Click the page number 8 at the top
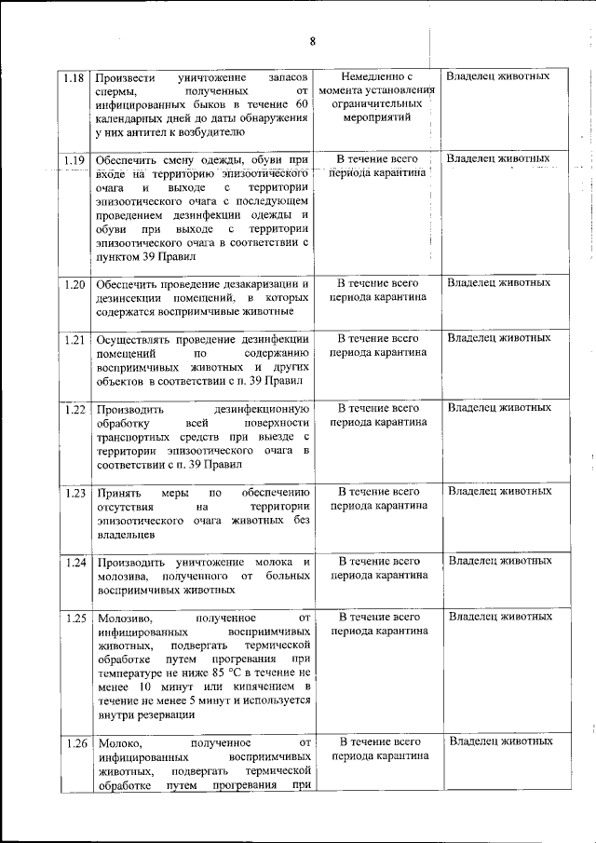(x=312, y=41)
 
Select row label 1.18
(x=75, y=76)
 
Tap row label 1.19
(x=75, y=160)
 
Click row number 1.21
(x=75, y=339)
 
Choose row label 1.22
(x=75, y=408)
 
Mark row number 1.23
(x=75, y=492)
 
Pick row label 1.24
(x=75, y=562)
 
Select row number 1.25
(x=75, y=618)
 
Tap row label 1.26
(x=75, y=743)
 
